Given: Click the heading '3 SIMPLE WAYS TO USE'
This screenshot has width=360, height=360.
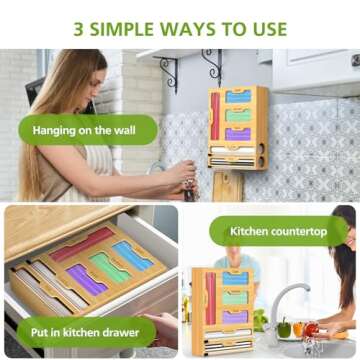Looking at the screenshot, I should click(180, 27).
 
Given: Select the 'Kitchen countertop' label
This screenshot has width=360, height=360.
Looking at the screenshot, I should click(278, 232).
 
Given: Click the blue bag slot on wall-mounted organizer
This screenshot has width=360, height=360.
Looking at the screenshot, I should click(238, 97).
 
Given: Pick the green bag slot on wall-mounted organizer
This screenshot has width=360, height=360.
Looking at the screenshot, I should click(238, 115).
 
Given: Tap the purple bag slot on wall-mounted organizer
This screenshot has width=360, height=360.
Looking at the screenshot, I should click(238, 133).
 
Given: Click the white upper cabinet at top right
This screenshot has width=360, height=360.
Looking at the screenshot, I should click(315, 70).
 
